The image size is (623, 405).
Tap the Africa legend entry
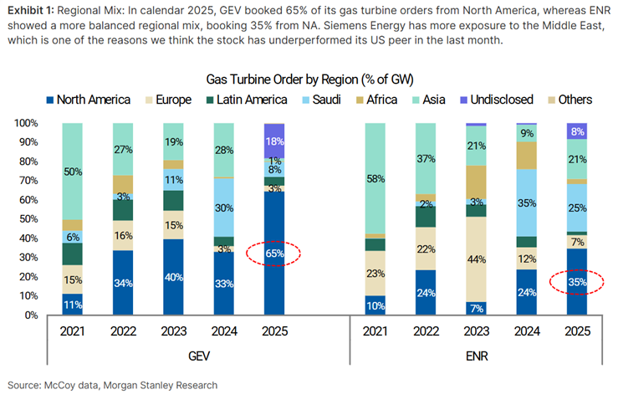click(x=393, y=100)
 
